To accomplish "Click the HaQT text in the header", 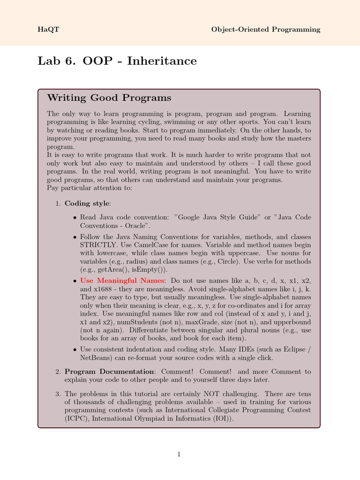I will coord(45,30).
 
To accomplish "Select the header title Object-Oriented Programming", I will coord(266,30).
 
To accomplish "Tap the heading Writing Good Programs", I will coord(109,98).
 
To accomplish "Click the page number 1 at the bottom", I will coord(179,454).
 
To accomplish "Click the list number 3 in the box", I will coord(58,394).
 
